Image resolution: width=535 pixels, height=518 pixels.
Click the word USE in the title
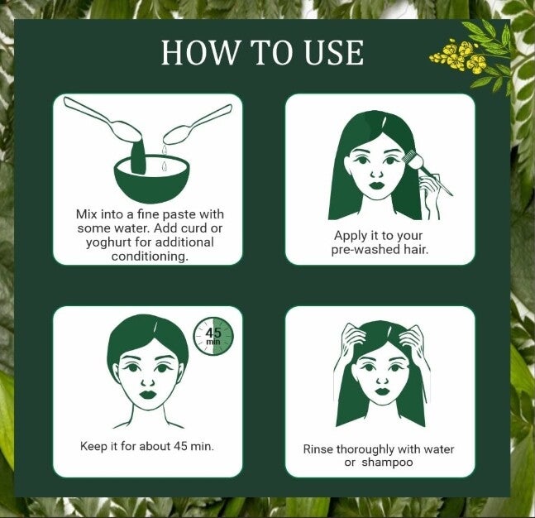point(333,52)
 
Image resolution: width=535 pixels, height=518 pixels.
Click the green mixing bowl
point(150,178)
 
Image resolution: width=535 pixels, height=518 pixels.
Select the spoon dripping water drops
point(198,124)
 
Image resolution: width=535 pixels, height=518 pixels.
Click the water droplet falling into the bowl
point(165,166)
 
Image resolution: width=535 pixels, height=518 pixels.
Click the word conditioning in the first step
point(150,256)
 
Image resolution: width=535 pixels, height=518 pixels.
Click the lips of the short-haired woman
point(148,395)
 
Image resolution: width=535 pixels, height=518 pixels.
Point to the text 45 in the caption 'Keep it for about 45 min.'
point(180,446)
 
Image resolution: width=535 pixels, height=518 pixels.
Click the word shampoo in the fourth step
point(387,463)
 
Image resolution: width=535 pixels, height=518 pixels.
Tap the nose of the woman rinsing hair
point(381,381)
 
